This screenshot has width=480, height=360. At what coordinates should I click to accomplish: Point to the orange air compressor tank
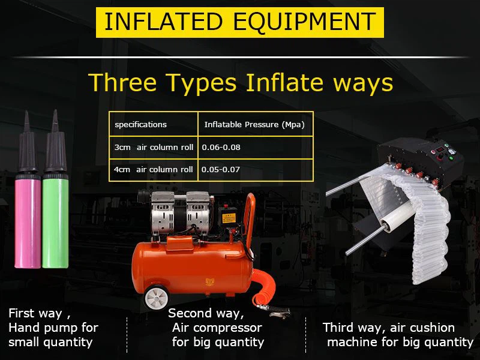[192, 264]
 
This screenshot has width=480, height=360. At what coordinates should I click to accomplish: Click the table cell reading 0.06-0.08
[255, 147]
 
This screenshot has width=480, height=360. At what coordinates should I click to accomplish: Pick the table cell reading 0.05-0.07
[255, 170]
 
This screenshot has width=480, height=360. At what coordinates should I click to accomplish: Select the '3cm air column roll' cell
[154, 147]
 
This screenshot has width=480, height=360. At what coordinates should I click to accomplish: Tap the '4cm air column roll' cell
[154, 170]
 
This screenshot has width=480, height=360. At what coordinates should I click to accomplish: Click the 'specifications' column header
[141, 125]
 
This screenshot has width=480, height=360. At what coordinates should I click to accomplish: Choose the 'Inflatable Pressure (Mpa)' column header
[254, 125]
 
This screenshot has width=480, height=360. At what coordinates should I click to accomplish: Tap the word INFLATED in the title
[164, 22]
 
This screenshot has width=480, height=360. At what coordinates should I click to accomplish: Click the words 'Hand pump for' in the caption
[53, 328]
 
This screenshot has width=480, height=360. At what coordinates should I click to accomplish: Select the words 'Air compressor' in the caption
[217, 328]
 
